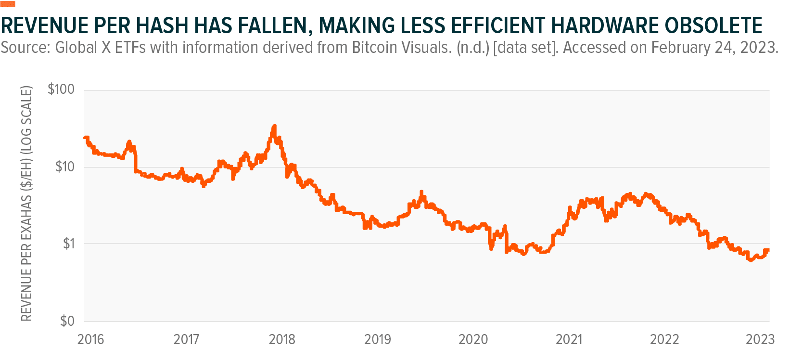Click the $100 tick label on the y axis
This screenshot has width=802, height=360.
pyautogui.click(x=61, y=89)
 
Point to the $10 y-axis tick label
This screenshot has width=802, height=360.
pyautogui.click(x=65, y=167)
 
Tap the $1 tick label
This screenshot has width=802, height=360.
pyautogui.click(x=69, y=244)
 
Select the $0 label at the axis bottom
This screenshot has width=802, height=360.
pyautogui.click(x=67, y=321)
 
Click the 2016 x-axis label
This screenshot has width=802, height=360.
pyautogui.click(x=90, y=339)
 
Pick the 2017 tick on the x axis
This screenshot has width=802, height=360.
pyautogui.click(x=186, y=339)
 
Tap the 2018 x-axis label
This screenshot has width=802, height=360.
pyautogui.click(x=282, y=339)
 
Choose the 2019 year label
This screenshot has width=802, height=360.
pyautogui.click(x=378, y=339)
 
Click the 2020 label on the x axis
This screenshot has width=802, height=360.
pyautogui.click(x=473, y=339)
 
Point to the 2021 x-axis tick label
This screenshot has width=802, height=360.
pyautogui.click(x=569, y=339)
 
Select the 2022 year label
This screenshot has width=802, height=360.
pyautogui.click(x=664, y=339)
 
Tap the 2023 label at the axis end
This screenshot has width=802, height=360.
pyautogui.click(x=760, y=339)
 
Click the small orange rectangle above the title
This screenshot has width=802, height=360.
pyautogui.click(x=8, y=4)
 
